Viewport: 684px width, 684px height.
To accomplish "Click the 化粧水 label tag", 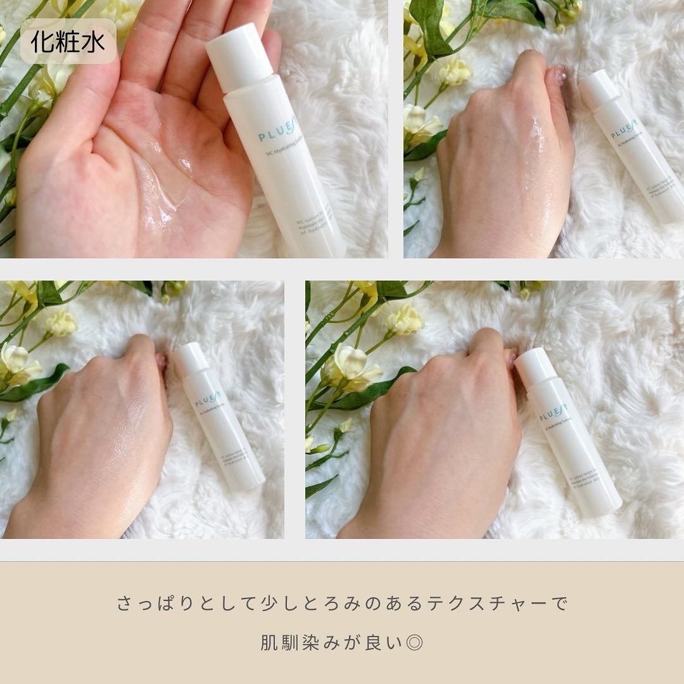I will tap(68, 41).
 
